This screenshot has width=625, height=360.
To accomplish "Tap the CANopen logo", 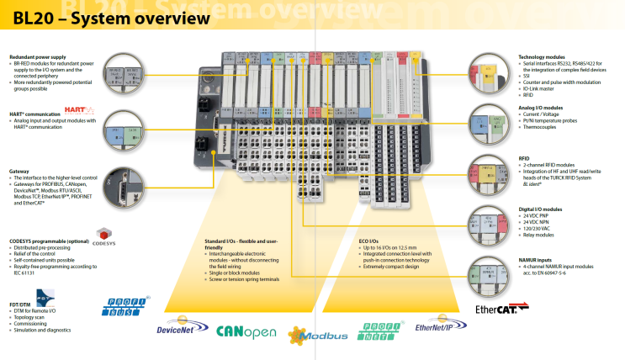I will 246,331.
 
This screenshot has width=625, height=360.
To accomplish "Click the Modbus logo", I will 317,335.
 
